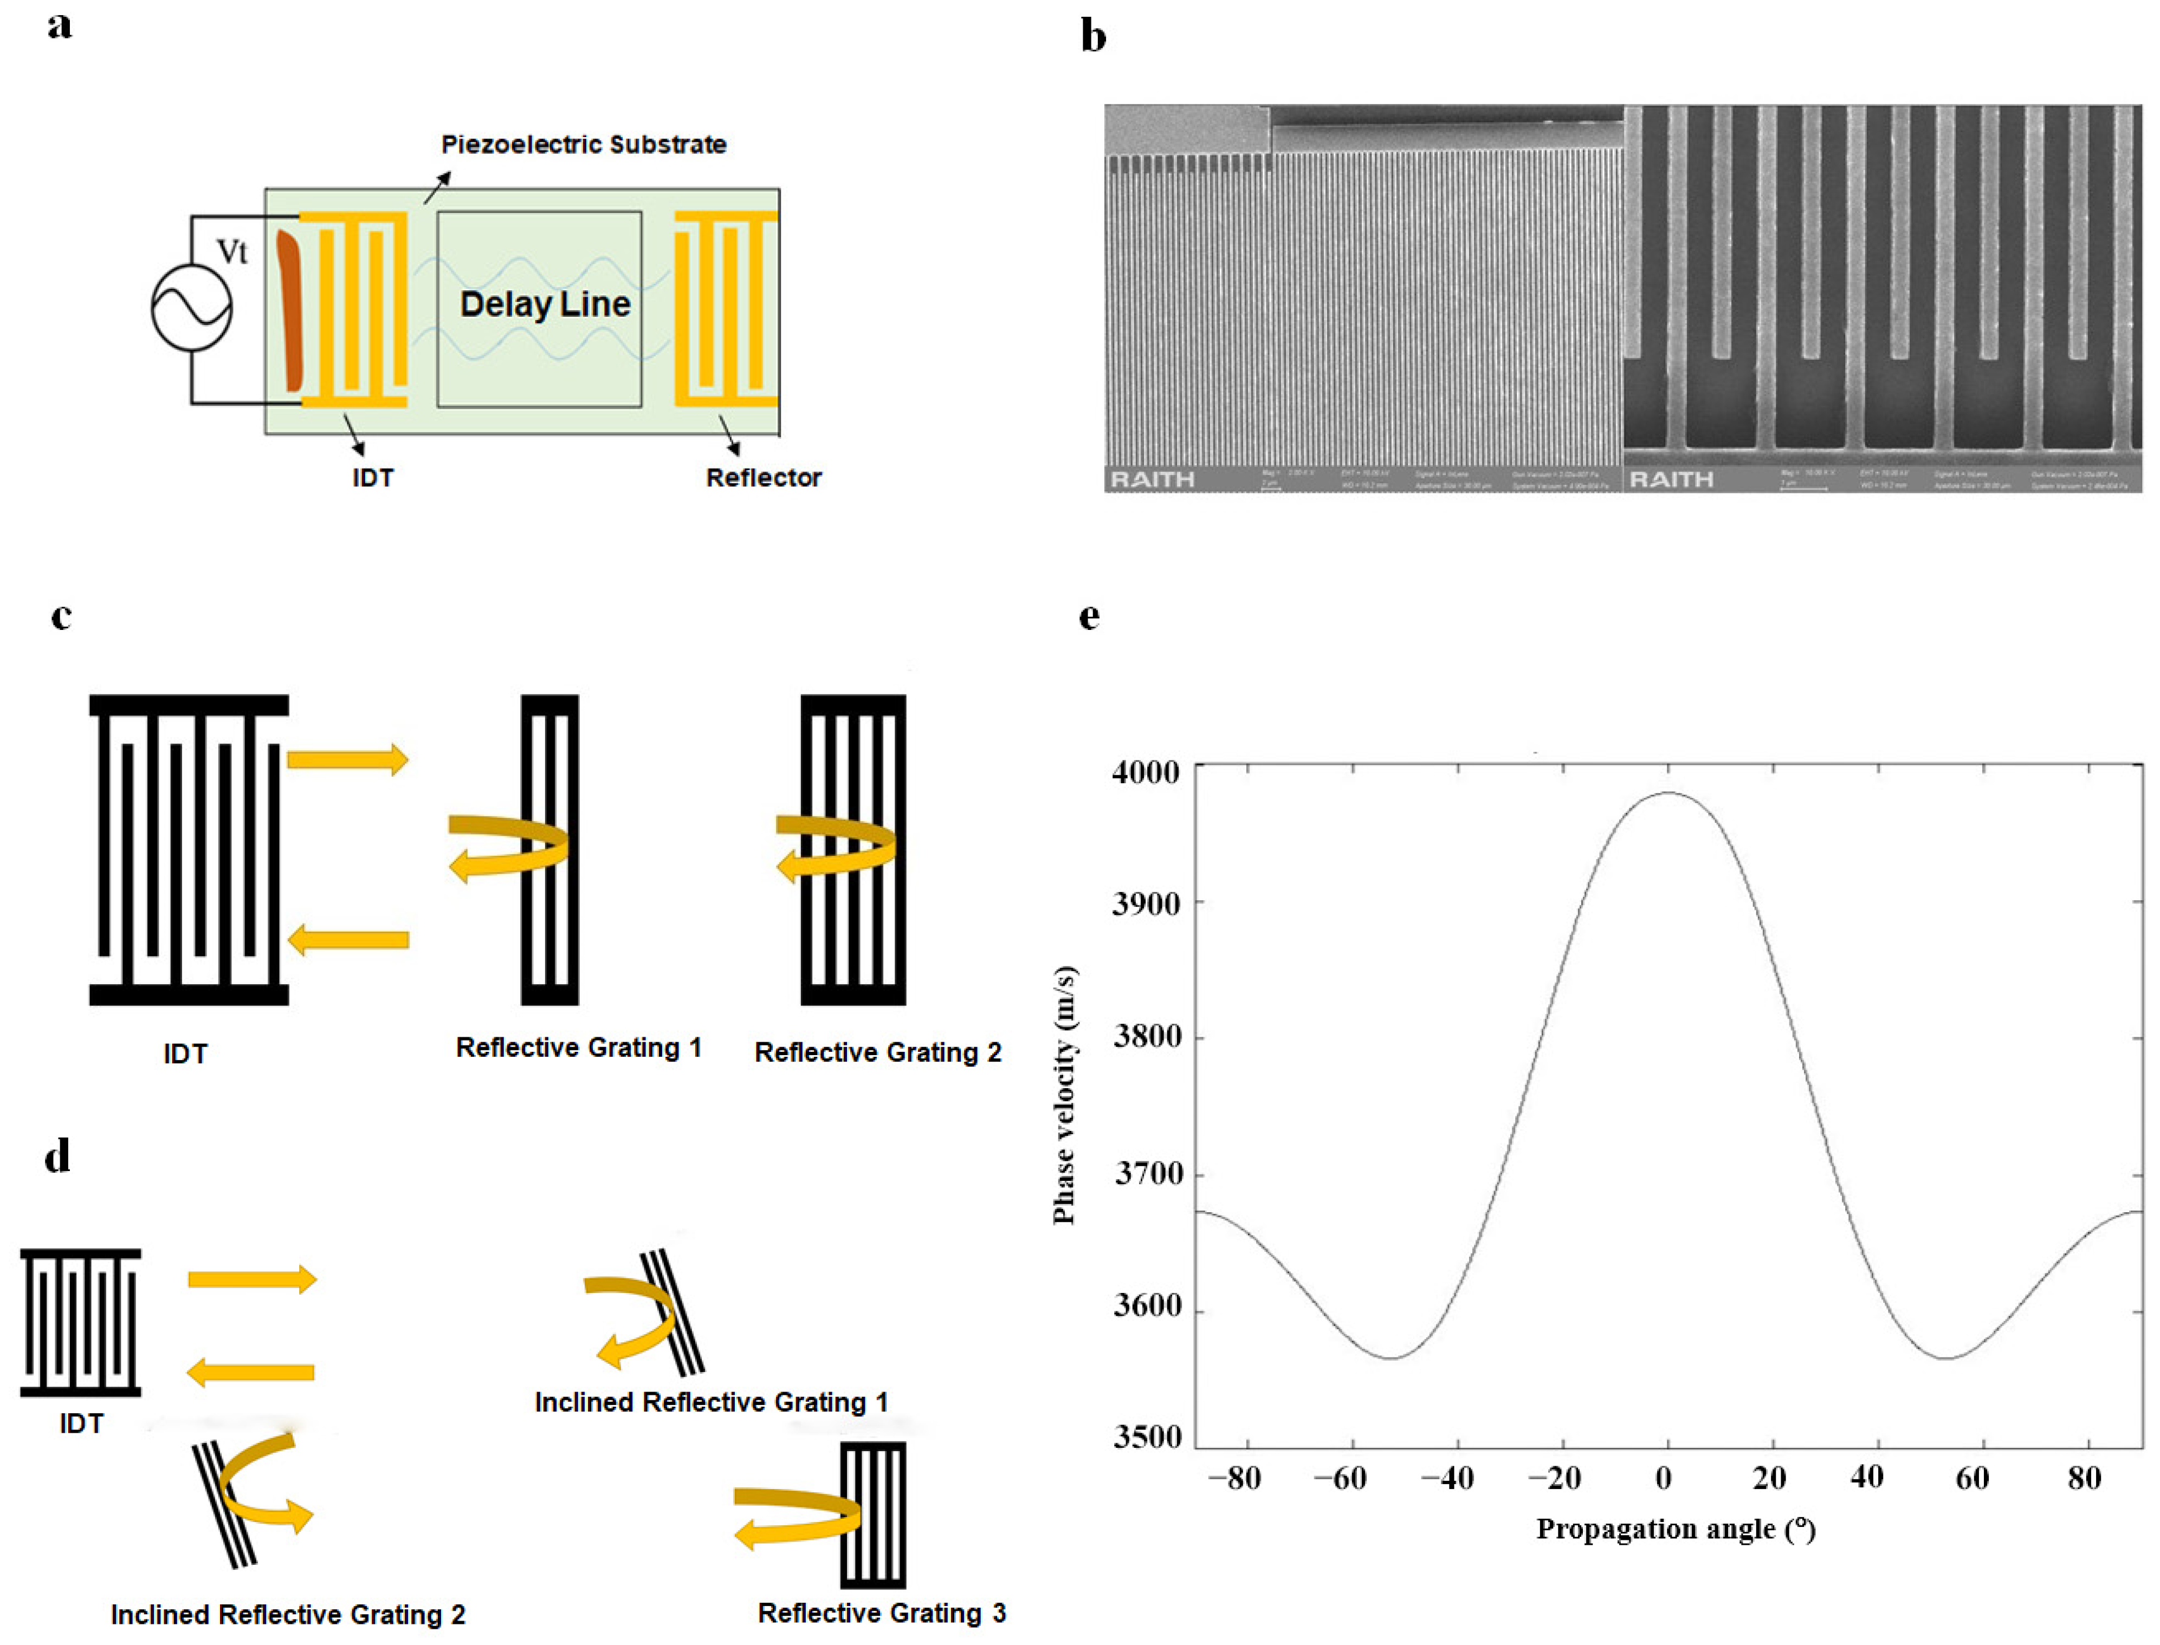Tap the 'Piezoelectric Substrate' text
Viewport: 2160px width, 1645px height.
click(x=583, y=145)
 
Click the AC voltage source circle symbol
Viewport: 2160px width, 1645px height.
click(x=191, y=308)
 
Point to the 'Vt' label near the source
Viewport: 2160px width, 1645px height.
click(x=231, y=252)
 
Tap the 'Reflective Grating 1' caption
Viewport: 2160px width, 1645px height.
click(x=578, y=1048)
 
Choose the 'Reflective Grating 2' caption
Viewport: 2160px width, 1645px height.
click(x=878, y=1052)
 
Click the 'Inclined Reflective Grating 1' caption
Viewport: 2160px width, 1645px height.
click(x=711, y=1402)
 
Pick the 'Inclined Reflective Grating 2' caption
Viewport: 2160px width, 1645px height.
click(x=288, y=1615)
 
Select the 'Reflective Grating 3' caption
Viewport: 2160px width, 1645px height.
click(x=882, y=1613)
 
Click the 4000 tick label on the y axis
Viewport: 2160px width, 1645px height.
click(x=1145, y=772)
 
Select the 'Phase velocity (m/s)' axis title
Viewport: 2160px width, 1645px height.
click(x=1065, y=1095)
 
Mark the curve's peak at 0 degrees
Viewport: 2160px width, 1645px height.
click(x=1667, y=793)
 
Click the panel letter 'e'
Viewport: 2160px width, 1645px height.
click(x=1089, y=617)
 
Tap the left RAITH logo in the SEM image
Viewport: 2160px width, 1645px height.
click(x=1152, y=479)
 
